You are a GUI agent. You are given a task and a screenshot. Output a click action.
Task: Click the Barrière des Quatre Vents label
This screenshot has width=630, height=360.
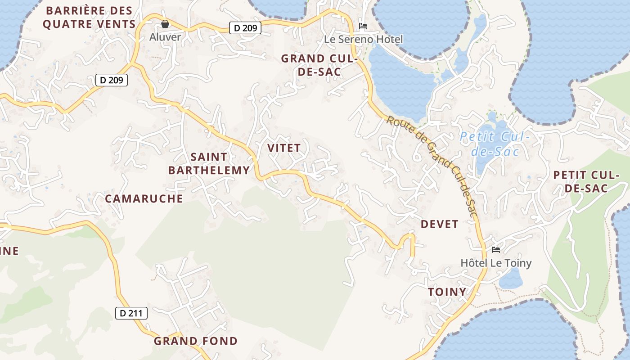pos(89,17)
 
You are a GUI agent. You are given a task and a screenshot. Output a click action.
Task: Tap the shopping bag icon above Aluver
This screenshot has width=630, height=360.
pos(165,24)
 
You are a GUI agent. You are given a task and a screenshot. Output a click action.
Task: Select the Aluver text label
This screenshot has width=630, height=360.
pos(165,37)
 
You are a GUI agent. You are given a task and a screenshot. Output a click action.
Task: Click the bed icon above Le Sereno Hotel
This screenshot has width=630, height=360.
pos(363,26)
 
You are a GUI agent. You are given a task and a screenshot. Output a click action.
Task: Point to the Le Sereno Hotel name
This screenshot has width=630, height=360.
pos(364,40)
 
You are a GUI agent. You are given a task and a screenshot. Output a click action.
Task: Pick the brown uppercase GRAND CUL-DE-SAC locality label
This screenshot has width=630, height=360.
pos(319,65)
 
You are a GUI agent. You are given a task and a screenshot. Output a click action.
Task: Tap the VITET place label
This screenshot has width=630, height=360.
pos(284,148)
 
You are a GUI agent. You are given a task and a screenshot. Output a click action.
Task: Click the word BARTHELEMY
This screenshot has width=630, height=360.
pos(209,170)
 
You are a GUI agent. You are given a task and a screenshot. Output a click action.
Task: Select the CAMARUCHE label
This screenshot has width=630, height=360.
pos(144,198)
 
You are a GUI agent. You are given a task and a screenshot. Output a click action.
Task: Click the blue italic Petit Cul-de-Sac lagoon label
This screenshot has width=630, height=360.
pos(495,144)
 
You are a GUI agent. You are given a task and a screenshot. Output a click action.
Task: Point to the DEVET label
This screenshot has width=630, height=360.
pos(440,224)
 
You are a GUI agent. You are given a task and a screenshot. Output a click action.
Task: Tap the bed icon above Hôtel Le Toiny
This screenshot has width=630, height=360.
pos(496,250)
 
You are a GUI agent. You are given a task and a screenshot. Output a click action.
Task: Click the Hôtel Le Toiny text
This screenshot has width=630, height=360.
pos(496,263)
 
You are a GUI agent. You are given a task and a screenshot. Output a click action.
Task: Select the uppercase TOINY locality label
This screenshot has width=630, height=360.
pos(447,292)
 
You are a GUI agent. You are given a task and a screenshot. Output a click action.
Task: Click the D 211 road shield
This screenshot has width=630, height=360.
pos(131,313)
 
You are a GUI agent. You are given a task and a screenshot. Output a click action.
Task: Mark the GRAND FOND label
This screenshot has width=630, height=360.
pos(196,341)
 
